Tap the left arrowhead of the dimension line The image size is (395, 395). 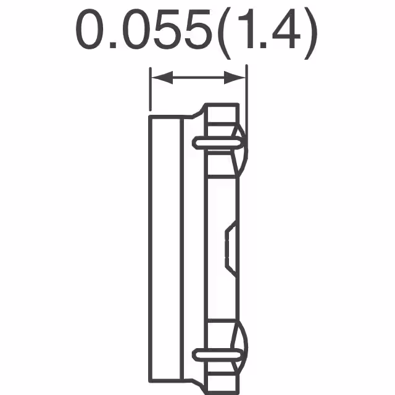159,78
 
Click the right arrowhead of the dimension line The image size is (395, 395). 238,78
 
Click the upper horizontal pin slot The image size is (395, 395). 218,143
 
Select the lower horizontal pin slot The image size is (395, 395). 218,354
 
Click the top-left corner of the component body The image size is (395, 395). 150,115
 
